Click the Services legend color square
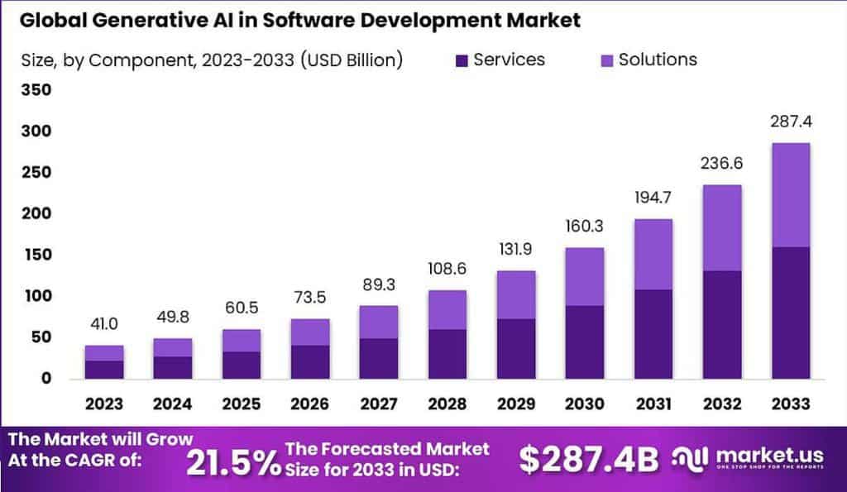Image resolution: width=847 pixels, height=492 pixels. point(462,60)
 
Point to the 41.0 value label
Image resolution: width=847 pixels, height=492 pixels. point(103,325)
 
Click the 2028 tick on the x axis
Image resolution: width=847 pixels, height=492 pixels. point(447,404)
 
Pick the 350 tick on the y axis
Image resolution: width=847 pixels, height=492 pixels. point(36,90)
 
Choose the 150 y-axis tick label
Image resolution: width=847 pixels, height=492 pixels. point(36,255)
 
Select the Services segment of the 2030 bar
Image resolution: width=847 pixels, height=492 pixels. point(583,342)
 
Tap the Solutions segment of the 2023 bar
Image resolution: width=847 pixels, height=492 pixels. point(103,353)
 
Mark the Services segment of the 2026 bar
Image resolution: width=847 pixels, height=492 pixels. point(309,361)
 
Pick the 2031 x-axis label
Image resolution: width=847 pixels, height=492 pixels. point(653,404)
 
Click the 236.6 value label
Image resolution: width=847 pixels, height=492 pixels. point(720,164)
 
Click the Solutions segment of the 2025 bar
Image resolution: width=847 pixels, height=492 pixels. point(241,341)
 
